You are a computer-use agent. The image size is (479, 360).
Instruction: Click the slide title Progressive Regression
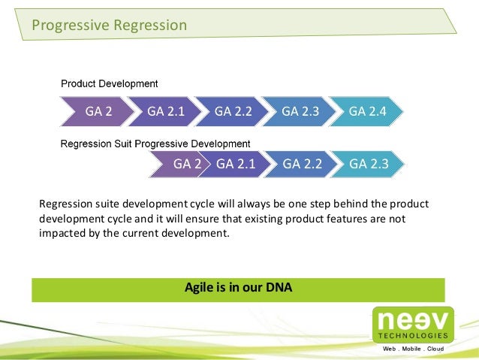coord(109,26)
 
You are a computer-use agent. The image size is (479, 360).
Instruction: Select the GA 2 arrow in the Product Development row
coord(98,111)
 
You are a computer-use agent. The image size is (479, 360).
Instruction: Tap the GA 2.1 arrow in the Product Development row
coord(166,111)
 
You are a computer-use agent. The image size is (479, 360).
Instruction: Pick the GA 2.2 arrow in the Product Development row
coord(233,111)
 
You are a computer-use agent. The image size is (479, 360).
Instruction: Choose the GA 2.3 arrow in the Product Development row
coord(300,111)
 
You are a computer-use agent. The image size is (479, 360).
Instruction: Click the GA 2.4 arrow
coord(367,111)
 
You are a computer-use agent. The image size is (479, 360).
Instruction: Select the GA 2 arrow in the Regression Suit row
coord(187,164)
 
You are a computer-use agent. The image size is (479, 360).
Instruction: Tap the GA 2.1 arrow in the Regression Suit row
coord(236,164)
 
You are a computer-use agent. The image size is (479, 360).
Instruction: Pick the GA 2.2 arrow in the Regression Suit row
coord(303,164)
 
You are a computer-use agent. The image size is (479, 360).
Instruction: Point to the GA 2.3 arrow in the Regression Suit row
coord(369,164)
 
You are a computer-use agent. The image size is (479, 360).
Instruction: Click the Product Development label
coord(109,83)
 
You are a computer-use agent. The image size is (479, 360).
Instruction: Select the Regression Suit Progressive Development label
coord(155,143)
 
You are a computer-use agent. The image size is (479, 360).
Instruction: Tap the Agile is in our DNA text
coord(238,288)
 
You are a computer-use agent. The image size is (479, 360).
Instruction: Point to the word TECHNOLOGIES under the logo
coord(414,335)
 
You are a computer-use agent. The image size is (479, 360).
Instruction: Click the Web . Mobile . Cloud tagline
coord(414,349)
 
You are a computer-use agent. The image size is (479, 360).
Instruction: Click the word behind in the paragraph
coord(345,204)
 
